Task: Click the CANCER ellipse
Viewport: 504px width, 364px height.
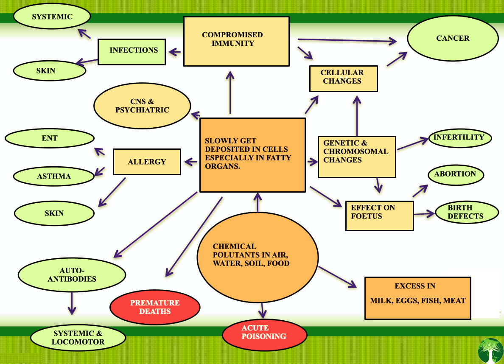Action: (453, 39)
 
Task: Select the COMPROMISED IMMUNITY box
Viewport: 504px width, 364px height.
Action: (236, 41)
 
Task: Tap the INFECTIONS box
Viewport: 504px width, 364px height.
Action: (132, 52)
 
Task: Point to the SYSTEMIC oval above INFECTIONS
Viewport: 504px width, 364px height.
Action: (52, 17)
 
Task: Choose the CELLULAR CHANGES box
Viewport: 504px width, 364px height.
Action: (343, 78)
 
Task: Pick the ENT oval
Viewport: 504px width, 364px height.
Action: (49, 138)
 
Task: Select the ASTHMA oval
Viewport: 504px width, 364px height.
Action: (54, 176)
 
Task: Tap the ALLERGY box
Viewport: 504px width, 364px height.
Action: (147, 162)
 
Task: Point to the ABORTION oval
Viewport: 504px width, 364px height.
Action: (455, 174)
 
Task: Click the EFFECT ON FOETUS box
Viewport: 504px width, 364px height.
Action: (379, 216)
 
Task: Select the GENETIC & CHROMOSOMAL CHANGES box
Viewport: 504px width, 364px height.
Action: (356, 157)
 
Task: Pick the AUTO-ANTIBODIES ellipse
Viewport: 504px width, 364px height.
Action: (72, 275)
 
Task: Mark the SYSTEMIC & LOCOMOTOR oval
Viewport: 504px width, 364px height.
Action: (78, 338)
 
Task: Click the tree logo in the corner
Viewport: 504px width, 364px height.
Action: (490, 351)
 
